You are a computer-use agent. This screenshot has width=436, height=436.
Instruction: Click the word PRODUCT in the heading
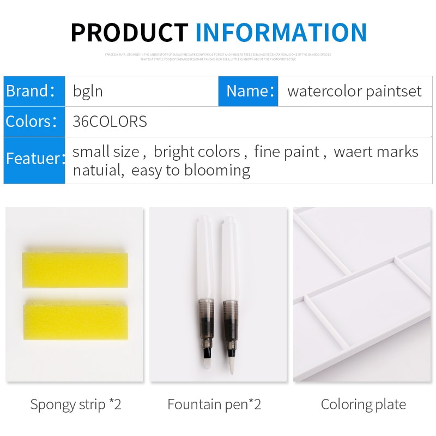(x=130, y=33)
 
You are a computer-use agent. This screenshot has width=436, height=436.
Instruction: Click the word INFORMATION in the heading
(x=281, y=33)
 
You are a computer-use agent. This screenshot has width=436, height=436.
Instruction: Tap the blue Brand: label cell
(x=34, y=91)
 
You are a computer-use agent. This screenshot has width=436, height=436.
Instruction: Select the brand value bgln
(x=88, y=91)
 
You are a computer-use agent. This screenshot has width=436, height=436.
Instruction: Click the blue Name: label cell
(x=249, y=91)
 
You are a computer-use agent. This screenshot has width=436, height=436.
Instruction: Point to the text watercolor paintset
(x=354, y=91)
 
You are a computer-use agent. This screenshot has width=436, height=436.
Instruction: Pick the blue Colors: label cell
(x=34, y=122)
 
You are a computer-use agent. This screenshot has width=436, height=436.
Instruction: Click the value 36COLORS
(x=110, y=122)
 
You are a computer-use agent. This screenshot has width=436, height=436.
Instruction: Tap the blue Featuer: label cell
(x=34, y=160)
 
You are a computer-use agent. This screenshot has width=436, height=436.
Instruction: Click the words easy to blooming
(x=191, y=171)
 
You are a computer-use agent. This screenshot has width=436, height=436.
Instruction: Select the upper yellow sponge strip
(x=75, y=270)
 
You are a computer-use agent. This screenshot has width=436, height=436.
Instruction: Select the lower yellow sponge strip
(x=75, y=322)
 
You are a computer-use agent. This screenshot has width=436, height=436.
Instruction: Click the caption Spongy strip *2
(x=76, y=404)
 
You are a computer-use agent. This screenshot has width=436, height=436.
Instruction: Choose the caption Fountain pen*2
(x=214, y=404)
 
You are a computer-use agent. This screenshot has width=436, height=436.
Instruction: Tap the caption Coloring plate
(x=363, y=404)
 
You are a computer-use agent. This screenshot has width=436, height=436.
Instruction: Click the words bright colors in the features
(x=197, y=152)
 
